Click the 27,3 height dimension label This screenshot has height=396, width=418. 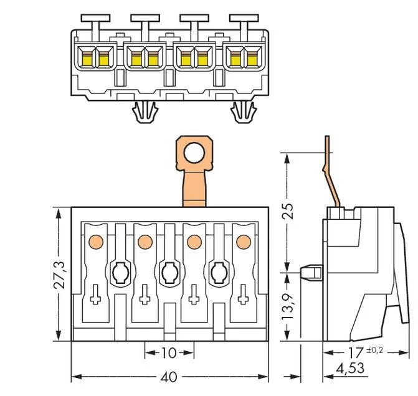click(x=59, y=275)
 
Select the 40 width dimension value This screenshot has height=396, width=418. click(x=169, y=377)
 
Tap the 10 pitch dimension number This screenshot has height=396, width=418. click(x=169, y=353)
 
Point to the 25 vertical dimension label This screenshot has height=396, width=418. click(x=287, y=211)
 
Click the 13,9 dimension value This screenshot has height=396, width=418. click(x=287, y=306)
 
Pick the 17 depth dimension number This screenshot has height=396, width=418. click(x=356, y=352)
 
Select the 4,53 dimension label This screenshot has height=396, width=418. click(x=350, y=369)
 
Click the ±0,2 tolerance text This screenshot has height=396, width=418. click(x=375, y=350)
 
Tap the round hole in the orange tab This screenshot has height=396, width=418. click(x=194, y=153)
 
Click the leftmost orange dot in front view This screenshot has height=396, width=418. click(x=96, y=242)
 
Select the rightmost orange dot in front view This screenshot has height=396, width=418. click(x=244, y=242)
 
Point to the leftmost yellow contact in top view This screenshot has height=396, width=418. click(x=87, y=59)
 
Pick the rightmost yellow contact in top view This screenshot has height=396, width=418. click(x=252, y=59)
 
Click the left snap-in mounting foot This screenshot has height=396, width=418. click(x=145, y=112)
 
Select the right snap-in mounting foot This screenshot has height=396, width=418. click(x=244, y=112)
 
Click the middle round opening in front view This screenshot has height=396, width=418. click(x=170, y=273)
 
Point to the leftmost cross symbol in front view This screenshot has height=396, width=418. click(x=95, y=295)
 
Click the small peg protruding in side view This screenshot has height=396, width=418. click(x=311, y=272)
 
